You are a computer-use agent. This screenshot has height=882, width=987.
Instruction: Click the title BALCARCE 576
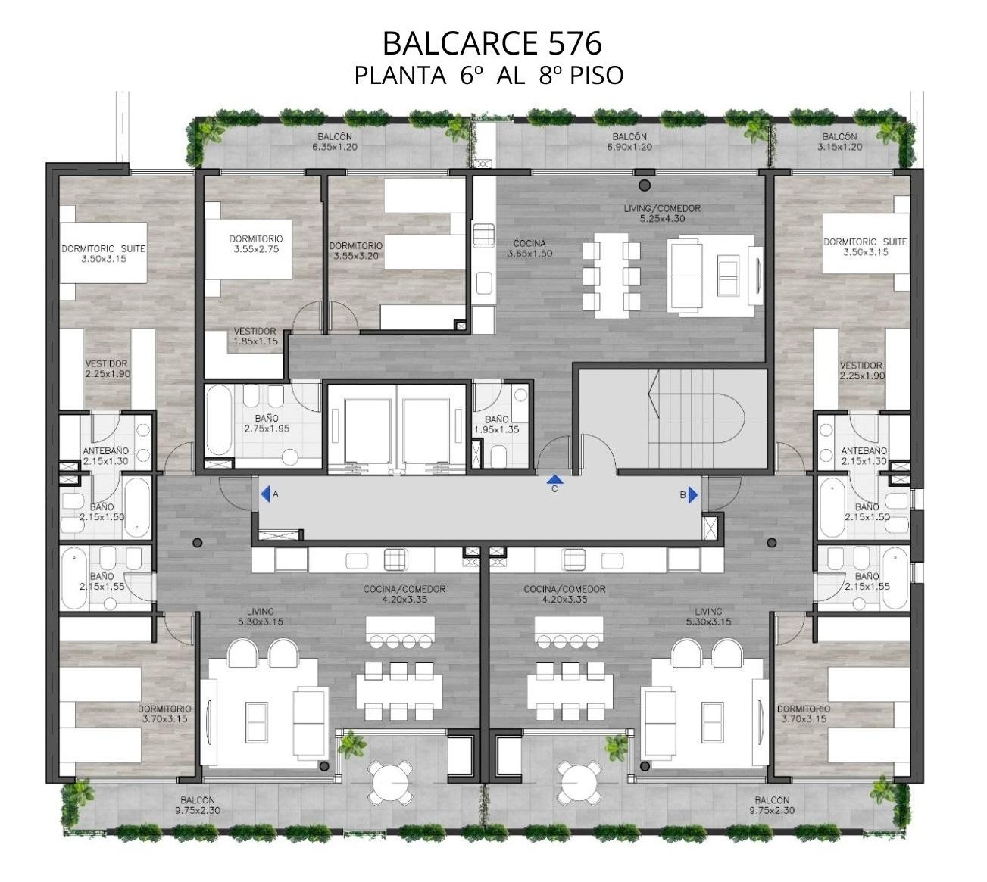[x=492, y=43]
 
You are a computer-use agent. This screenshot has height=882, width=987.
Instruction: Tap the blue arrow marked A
[x=266, y=494]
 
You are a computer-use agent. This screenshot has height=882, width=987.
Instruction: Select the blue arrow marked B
[x=693, y=495]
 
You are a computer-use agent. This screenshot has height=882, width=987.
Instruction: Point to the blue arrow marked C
[x=555, y=480]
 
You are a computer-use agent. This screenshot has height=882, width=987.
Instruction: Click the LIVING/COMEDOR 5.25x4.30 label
[x=662, y=213]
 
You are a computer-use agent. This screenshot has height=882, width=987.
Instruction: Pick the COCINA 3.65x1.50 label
[x=529, y=248]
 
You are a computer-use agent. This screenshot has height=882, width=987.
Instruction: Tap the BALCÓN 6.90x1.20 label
[x=629, y=142]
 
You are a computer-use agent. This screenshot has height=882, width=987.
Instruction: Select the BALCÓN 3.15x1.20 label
[x=839, y=142]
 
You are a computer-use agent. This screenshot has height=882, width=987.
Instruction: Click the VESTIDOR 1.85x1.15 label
[x=255, y=336]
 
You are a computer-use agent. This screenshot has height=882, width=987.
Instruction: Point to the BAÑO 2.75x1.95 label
[x=267, y=423]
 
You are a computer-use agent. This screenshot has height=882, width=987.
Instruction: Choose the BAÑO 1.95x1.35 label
[x=496, y=424]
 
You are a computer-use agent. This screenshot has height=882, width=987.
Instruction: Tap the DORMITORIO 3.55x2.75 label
[x=256, y=244]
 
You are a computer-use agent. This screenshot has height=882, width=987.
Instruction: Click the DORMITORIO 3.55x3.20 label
[x=355, y=251]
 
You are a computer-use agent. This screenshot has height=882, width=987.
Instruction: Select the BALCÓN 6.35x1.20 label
[x=335, y=142]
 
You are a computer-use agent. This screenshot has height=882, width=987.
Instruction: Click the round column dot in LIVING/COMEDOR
[x=645, y=185]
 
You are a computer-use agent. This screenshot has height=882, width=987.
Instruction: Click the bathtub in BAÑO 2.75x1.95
[x=219, y=420]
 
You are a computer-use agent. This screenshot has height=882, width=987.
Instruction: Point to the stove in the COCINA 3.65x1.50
[x=483, y=235]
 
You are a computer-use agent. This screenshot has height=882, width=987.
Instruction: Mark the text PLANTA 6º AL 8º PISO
[x=489, y=76]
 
